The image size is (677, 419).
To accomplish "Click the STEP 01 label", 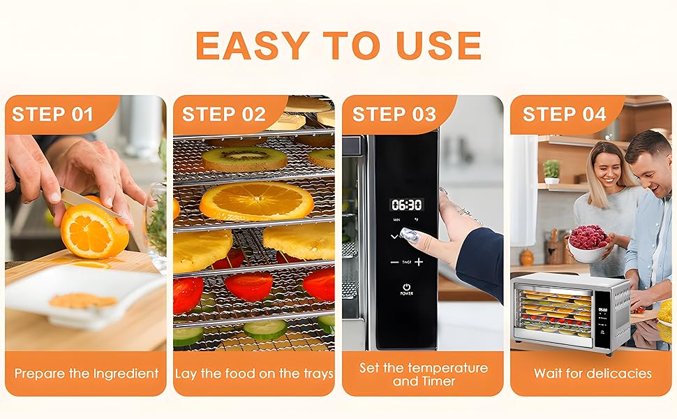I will pos(52,115).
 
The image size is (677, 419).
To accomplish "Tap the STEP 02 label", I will pos(223,115).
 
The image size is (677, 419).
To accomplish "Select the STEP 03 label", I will pos(394,115).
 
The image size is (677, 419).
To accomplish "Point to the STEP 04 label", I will pos(564,115).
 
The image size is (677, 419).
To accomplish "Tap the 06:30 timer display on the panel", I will pos(406,205).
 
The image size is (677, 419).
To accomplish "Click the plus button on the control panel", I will pos(419,262).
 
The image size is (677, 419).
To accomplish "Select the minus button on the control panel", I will pos(395,262).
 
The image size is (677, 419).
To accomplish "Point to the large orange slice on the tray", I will pos(256,201).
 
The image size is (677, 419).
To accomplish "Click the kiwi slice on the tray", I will pos(244,159).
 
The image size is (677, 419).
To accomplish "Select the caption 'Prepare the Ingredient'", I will pos(87,374).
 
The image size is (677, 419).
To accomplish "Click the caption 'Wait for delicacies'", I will pos(593,374).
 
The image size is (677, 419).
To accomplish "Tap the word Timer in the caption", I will pos(438,381).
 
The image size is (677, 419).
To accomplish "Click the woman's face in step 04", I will pos(607,166).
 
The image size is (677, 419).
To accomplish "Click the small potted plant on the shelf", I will pos(551,171).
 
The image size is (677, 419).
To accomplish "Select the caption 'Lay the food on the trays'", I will pos(254,374).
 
